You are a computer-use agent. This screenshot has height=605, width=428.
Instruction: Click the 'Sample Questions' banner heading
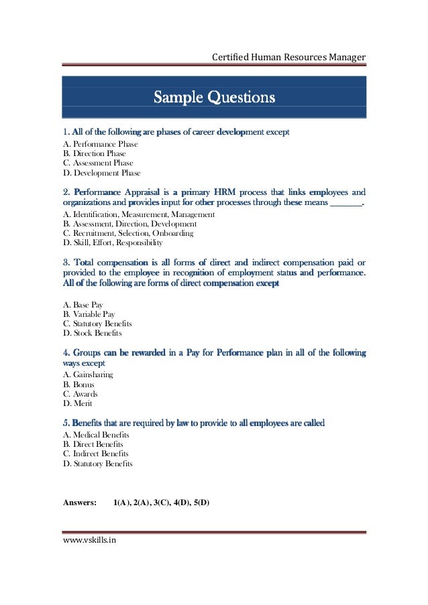(x=214, y=98)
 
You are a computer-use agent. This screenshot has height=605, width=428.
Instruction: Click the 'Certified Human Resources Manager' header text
(x=288, y=57)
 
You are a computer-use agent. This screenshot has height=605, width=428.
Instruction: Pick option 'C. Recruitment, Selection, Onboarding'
(x=128, y=233)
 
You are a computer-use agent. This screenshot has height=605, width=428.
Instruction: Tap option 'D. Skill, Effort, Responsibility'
(x=113, y=243)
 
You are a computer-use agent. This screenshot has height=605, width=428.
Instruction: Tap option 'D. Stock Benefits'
(x=93, y=333)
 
